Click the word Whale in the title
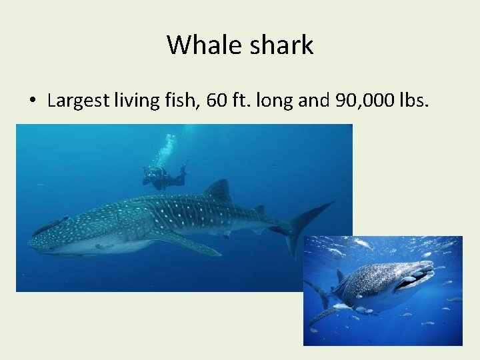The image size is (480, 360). click(199, 45)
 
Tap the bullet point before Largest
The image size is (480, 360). click(32, 101)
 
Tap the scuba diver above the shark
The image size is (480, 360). click(163, 177)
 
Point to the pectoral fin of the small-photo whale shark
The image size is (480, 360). click(327, 314)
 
